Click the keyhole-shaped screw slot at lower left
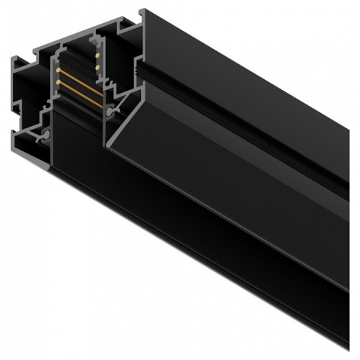coord(45,134)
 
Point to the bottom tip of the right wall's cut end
coord(108,147)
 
